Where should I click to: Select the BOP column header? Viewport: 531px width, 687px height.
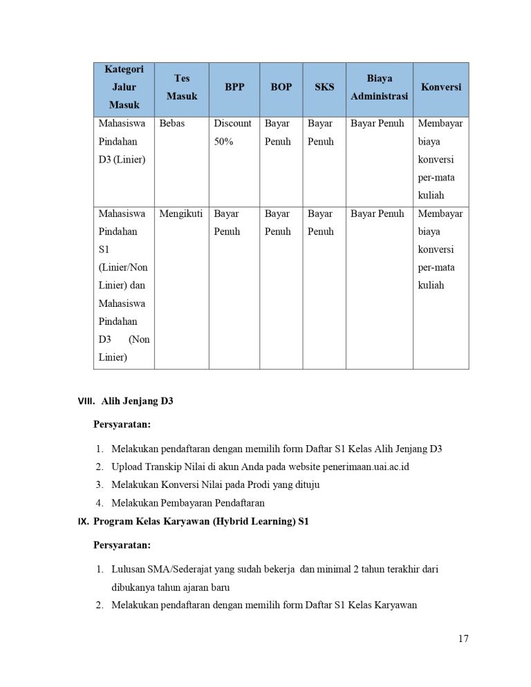click(281, 88)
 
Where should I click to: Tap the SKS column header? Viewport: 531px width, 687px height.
click(324, 88)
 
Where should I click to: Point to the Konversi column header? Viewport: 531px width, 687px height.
click(440, 88)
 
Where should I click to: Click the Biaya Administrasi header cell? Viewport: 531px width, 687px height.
click(379, 88)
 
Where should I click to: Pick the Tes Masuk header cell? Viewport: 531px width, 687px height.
click(182, 88)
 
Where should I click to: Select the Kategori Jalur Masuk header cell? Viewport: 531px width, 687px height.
click(124, 88)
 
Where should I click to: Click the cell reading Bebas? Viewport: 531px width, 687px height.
click(172, 124)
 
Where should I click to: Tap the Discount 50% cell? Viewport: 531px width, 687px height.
click(232, 133)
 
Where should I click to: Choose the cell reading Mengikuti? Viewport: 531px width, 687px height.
click(180, 214)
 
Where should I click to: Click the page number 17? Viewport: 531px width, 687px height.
click(463, 638)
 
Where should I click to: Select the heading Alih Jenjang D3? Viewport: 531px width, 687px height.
click(137, 401)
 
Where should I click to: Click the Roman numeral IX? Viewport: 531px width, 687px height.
click(81, 522)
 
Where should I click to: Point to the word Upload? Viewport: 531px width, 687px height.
click(127, 467)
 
